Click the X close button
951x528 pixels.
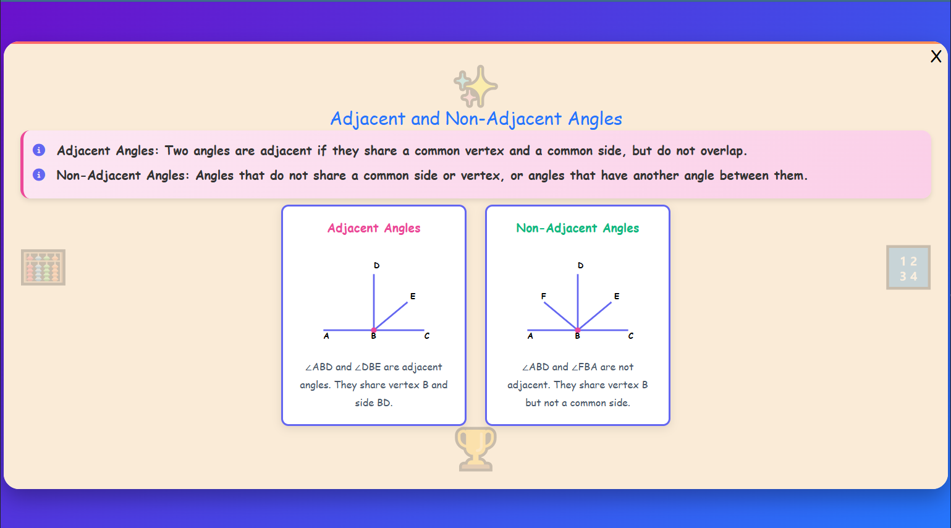tap(936, 57)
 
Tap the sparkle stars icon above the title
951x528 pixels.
tap(476, 87)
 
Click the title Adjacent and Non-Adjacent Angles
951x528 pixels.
tap(476, 119)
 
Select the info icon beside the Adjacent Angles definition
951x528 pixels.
tap(39, 150)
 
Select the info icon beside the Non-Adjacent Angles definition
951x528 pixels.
tap(39, 175)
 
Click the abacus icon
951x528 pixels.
tap(43, 267)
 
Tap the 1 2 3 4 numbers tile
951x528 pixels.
tap(908, 268)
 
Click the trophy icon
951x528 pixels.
tap(475, 449)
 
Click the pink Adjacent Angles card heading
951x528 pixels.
tap(374, 228)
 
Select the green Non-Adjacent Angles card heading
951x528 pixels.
tap(577, 228)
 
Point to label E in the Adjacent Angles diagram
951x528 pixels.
tap(413, 296)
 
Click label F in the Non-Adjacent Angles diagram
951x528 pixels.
tap(544, 296)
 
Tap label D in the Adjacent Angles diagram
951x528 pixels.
tap(376, 265)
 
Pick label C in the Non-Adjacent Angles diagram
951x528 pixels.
tap(631, 336)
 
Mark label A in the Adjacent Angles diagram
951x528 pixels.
tap(326, 336)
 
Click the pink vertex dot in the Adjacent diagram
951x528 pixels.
tap(374, 330)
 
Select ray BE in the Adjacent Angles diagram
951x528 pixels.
tap(392, 315)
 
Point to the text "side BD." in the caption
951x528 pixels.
tap(374, 402)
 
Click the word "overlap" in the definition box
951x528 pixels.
tap(721, 151)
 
